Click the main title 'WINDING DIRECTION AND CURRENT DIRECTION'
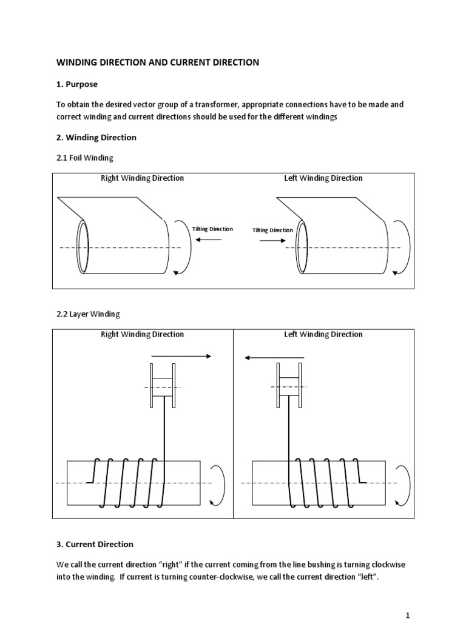(158, 62)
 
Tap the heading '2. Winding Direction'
(96, 137)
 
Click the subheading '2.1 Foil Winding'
(84, 158)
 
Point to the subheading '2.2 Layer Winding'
(87, 314)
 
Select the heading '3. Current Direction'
(95, 544)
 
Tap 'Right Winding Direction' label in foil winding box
(142, 178)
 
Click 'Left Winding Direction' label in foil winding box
(323, 178)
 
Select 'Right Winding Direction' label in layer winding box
(142, 334)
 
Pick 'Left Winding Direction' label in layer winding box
(323, 334)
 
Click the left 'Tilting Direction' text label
(212, 229)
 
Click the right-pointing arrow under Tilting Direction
(272, 240)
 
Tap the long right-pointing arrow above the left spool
(181, 357)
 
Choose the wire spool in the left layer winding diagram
(163, 386)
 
